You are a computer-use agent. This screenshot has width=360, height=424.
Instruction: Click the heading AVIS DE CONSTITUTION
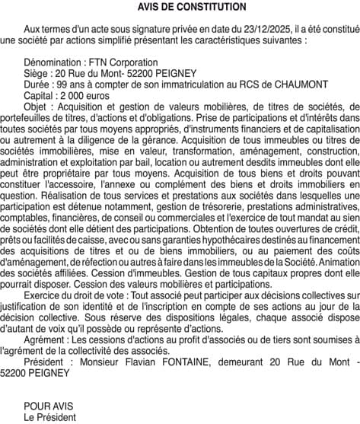coord(181,7)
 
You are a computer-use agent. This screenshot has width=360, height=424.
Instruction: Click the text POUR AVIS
coord(46,405)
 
